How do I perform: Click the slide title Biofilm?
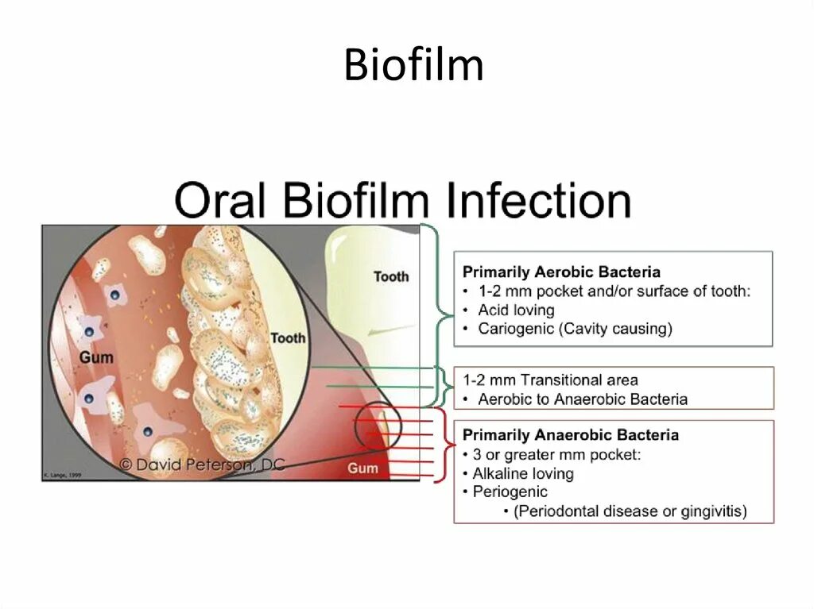413,65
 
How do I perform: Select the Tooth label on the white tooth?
391,276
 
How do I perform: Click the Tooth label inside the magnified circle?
287,338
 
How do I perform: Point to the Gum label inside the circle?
96,357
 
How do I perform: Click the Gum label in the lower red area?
362,468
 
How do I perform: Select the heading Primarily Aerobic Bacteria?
561,272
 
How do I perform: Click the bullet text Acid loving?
516,310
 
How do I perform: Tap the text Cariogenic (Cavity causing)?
575,329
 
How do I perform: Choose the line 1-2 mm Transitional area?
550,380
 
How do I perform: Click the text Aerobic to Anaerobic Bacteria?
582,399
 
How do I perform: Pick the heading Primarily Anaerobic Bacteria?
570,435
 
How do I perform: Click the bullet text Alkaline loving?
522,474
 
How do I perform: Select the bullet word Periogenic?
510,492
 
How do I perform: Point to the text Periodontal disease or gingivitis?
630,511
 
